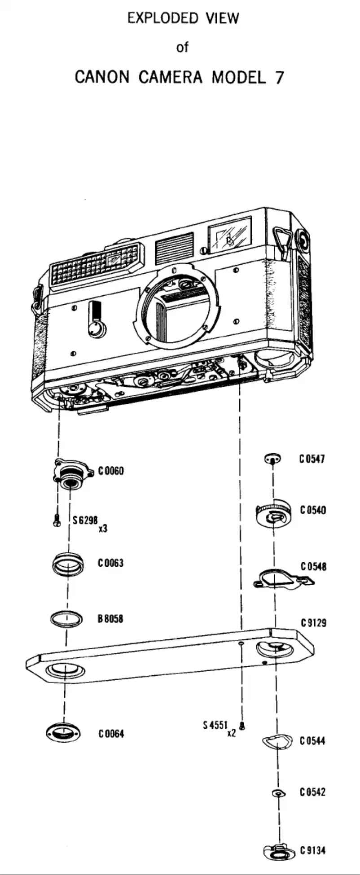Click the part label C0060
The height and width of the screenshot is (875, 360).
click(x=111, y=471)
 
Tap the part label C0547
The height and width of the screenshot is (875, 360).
click(x=312, y=459)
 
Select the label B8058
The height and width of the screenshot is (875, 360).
click(x=110, y=619)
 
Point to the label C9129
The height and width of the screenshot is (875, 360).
click(x=313, y=623)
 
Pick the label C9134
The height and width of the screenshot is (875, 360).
click(x=312, y=850)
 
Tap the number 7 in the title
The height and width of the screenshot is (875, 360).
click(x=279, y=78)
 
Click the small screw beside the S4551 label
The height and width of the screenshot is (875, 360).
click(x=243, y=725)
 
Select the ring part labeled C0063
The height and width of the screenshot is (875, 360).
click(x=68, y=564)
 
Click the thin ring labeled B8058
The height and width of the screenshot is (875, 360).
click(x=66, y=619)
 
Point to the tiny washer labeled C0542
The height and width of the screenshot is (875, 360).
click(x=279, y=793)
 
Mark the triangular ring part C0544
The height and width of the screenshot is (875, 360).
click(x=277, y=741)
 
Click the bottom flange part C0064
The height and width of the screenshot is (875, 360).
click(x=64, y=733)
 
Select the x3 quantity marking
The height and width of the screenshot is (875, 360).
click(x=103, y=529)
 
